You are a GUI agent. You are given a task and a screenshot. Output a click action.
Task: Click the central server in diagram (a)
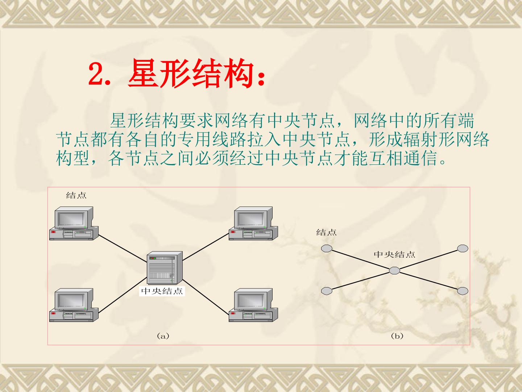click(x=165, y=268)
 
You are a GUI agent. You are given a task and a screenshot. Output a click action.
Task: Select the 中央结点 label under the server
click(x=162, y=291)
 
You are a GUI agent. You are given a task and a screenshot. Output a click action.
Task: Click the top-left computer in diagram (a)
click(x=74, y=223)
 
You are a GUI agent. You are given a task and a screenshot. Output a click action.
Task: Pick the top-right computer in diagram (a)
click(x=253, y=223)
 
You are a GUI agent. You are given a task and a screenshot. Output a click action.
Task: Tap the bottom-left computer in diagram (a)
click(x=74, y=305)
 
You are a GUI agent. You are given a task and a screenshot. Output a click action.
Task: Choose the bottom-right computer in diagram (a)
click(x=253, y=305)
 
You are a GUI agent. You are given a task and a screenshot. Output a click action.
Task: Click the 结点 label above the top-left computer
click(x=76, y=195)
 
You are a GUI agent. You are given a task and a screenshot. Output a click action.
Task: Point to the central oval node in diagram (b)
click(x=394, y=271)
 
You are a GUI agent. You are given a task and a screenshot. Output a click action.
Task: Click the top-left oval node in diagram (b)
click(x=327, y=248)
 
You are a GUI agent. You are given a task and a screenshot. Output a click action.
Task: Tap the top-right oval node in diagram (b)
click(x=463, y=248)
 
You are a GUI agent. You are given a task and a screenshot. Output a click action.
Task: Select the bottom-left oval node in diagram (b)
click(x=327, y=291)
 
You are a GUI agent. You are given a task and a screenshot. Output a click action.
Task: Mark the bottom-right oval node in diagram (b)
click(x=463, y=291)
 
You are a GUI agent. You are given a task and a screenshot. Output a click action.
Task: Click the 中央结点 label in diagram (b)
click(x=394, y=254)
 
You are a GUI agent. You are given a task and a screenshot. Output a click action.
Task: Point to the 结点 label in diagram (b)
click(x=326, y=232)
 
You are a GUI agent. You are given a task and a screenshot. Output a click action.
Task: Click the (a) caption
click(x=163, y=336)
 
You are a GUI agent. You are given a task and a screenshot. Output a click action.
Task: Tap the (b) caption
click(x=397, y=336)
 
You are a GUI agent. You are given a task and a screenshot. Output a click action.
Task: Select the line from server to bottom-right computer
click(x=206, y=296)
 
